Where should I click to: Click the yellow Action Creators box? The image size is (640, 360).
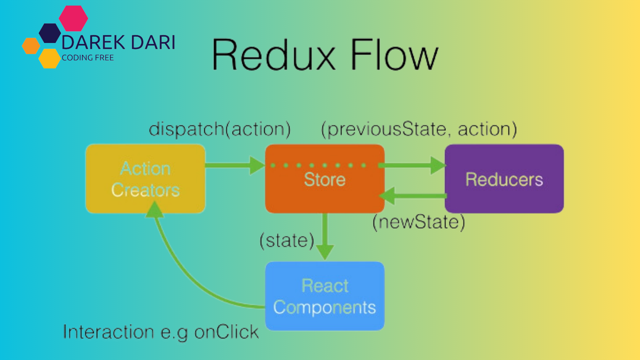(x=145, y=179)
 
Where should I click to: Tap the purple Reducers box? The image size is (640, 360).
(x=504, y=179)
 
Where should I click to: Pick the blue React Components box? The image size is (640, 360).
(x=325, y=296)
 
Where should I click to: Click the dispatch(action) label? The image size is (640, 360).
(x=220, y=129)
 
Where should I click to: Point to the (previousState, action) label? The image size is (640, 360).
(x=419, y=129)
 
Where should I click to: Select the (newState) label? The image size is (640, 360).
(x=419, y=222)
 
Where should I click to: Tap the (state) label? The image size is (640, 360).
(x=287, y=241)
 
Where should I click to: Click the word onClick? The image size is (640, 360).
(x=226, y=332)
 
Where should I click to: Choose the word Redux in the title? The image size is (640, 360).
(x=273, y=55)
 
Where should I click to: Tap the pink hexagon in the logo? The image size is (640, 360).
(x=73, y=18)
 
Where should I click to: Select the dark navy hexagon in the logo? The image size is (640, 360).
(x=50, y=33)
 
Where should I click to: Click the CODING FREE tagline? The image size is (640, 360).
(x=88, y=58)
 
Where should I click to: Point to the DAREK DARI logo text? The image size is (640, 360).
(x=118, y=43)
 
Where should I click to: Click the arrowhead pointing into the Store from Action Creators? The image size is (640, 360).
(x=257, y=165)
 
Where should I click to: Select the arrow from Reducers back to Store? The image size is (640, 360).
(x=413, y=196)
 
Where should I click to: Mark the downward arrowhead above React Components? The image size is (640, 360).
(x=325, y=252)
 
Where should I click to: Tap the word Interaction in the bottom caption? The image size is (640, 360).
(x=108, y=332)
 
